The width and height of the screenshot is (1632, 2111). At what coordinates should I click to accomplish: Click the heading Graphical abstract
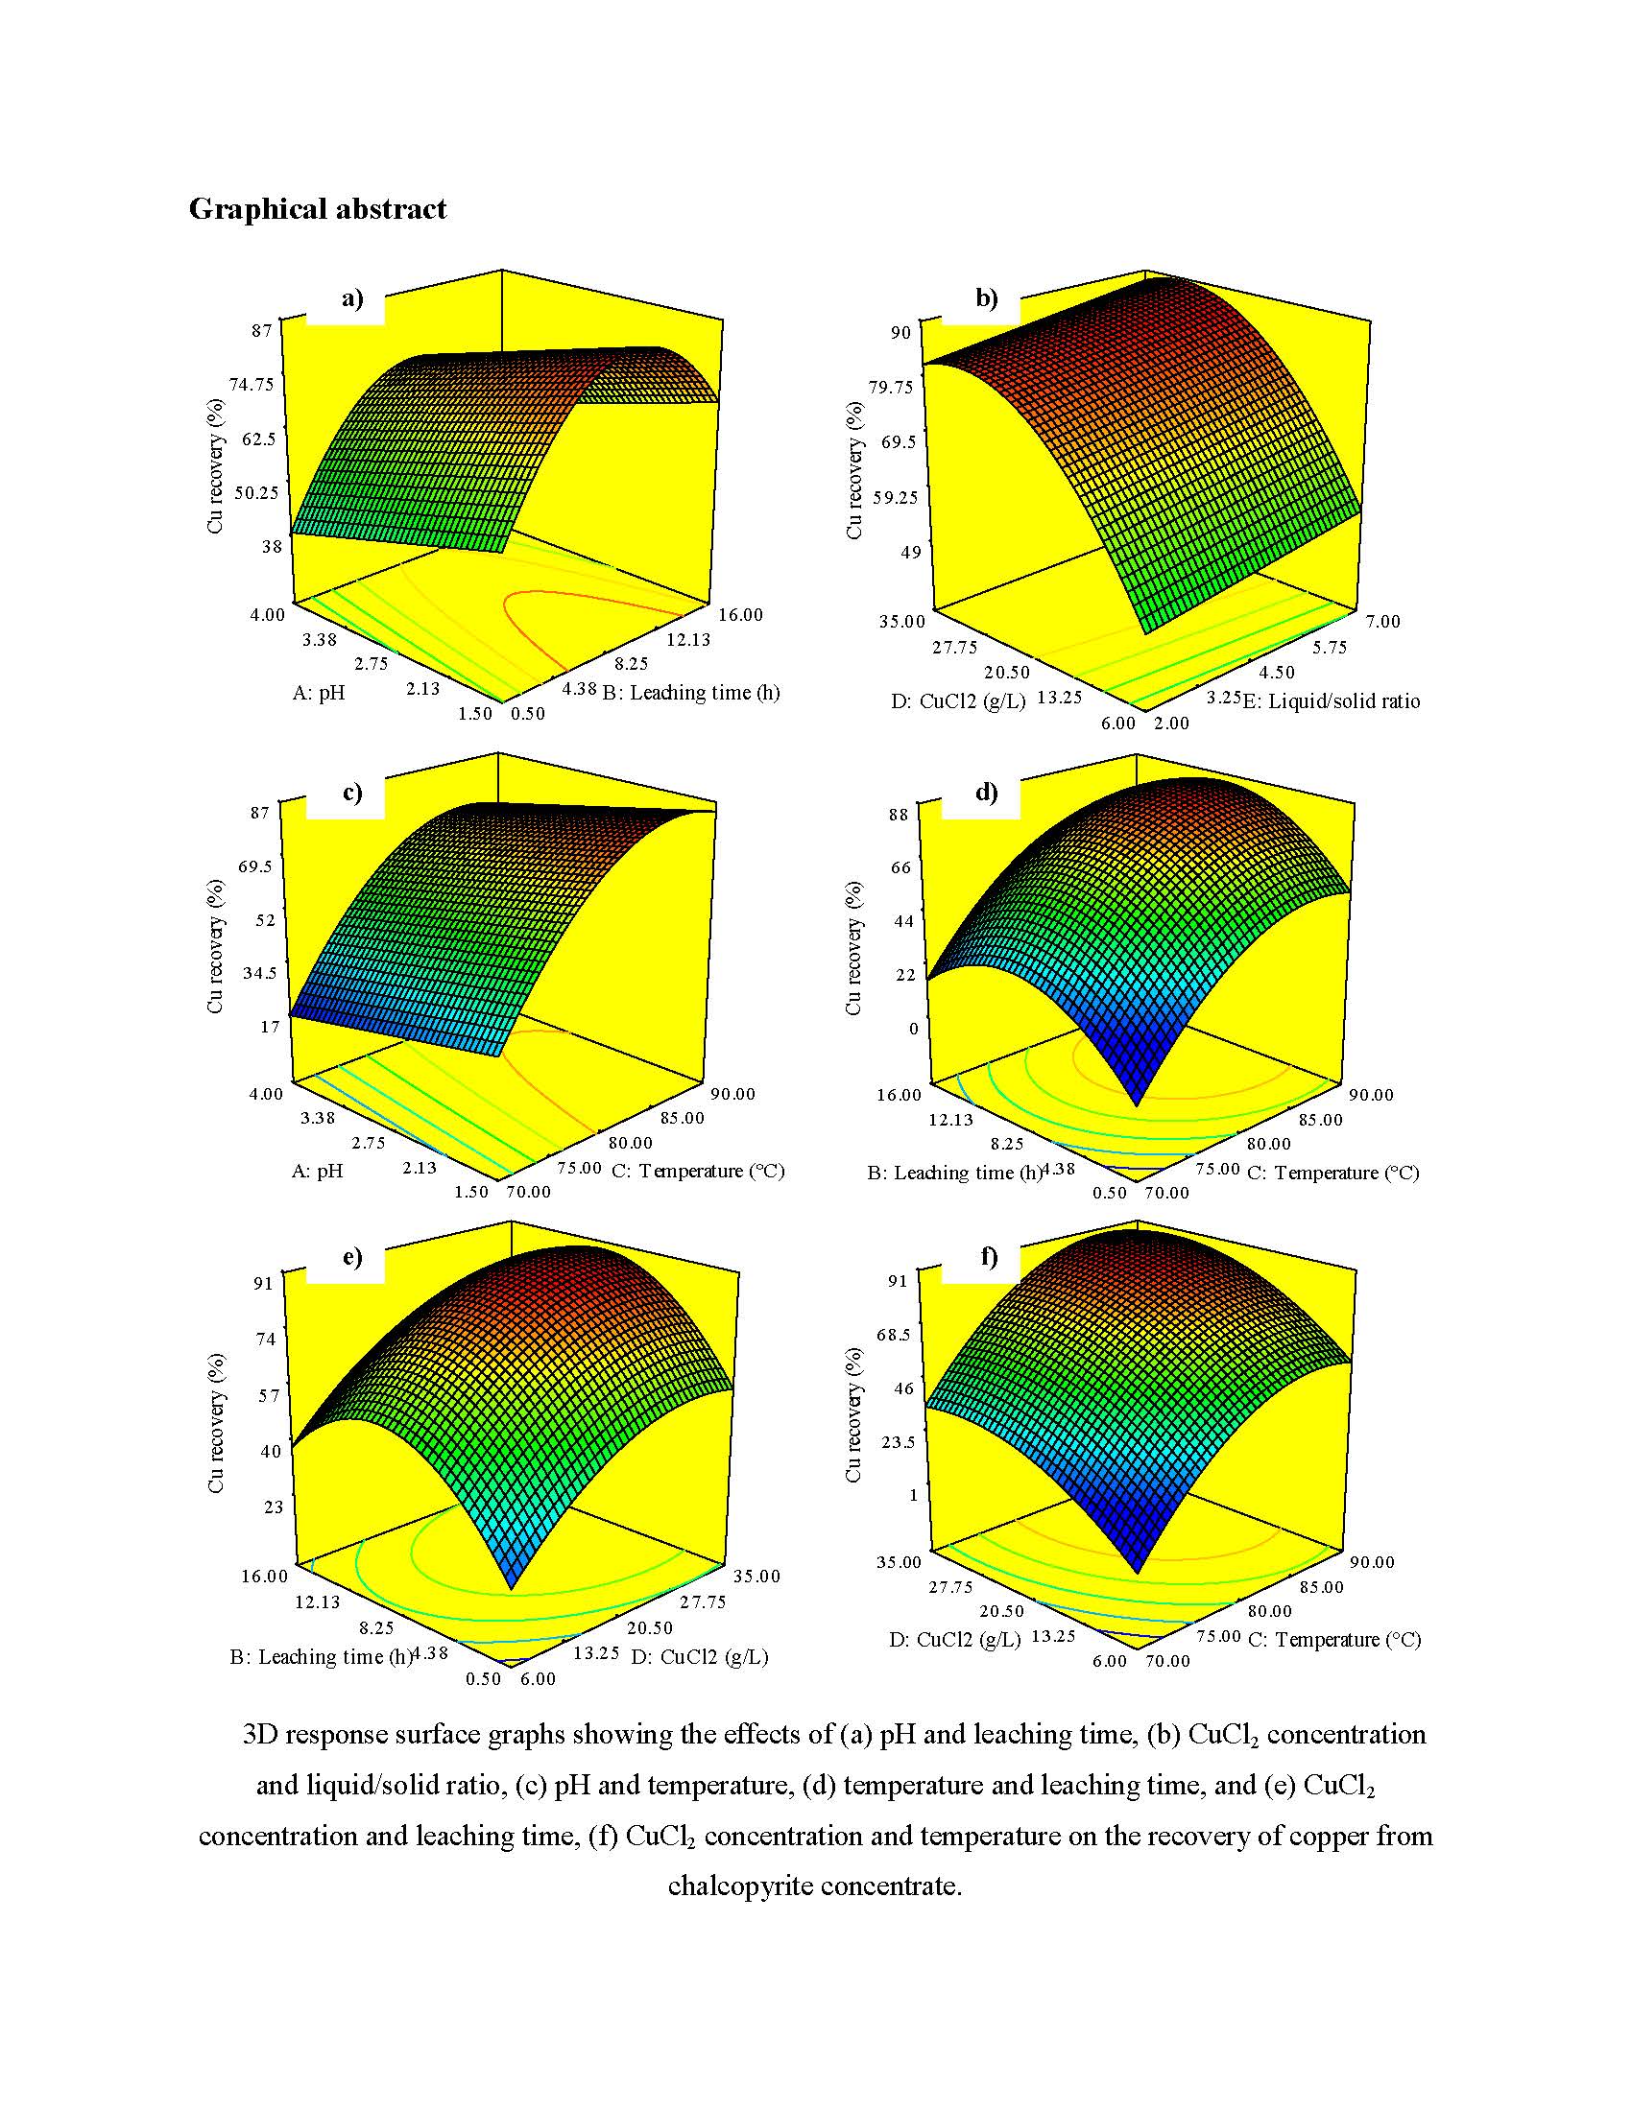(317, 209)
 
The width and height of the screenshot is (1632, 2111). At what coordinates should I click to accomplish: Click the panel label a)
(352, 297)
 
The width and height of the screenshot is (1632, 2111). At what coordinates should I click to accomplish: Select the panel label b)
(986, 297)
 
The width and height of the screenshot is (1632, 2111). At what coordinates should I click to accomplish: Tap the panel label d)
(986, 793)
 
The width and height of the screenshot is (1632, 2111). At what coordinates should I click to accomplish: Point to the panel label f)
(988, 1256)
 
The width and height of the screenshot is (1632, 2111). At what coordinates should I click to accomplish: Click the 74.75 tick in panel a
(252, 384)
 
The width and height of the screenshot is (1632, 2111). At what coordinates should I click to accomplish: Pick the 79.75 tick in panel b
(890, 387)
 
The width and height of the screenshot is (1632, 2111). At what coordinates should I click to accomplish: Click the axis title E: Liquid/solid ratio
(1331, 700)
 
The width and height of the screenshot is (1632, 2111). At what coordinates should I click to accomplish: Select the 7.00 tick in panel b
(1381, 622)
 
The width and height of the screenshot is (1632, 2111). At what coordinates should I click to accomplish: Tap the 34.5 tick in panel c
(259, 972)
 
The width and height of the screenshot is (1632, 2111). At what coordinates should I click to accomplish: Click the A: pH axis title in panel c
(317, 1171)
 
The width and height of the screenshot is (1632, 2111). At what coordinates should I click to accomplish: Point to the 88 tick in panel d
(899, 814)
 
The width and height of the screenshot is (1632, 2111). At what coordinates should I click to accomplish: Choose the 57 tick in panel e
(268, 1395)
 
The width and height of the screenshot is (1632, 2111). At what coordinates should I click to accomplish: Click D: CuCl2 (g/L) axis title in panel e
(699, 1656)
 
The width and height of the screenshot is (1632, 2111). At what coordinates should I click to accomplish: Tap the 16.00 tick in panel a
(739, 615)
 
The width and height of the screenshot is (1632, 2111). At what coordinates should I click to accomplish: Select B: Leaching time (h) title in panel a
(690, 692)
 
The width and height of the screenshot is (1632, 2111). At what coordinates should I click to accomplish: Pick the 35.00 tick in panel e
(756, 1576)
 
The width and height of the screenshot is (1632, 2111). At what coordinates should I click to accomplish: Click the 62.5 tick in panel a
(258, 439)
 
